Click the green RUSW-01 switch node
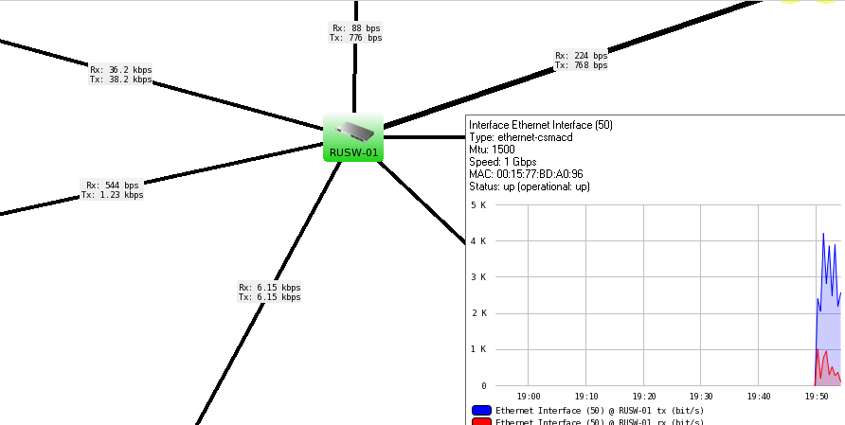352,137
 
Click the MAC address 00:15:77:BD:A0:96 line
526,174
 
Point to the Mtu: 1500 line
493,150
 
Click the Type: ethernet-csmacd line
521,137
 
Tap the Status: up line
530,186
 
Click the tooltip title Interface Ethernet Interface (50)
541,125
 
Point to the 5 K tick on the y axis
477,204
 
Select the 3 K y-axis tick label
477,277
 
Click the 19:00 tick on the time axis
529,396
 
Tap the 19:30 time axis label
701,396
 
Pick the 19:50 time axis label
816,396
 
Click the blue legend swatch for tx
480,410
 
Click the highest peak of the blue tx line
823,233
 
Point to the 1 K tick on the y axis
477,349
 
